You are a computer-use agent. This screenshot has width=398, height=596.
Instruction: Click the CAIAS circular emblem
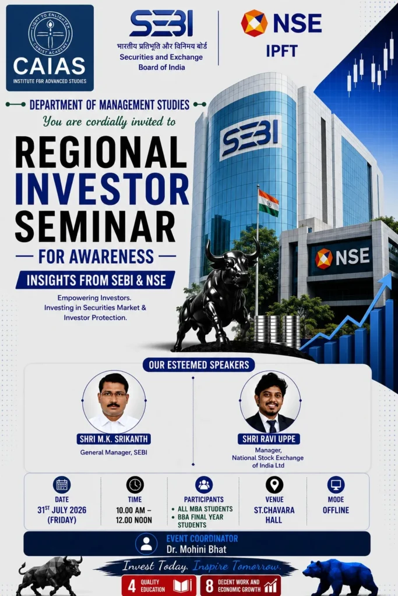(50, 33)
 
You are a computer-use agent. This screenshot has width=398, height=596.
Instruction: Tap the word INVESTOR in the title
(102, 189)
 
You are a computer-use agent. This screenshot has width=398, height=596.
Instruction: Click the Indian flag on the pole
(268, 202)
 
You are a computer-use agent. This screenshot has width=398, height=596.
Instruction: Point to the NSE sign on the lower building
(341, 257)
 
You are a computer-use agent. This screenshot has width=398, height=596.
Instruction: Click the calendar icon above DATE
(62, 485)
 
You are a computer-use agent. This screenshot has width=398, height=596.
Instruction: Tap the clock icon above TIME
(135, 485)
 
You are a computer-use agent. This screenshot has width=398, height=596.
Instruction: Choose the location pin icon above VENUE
(274, 485)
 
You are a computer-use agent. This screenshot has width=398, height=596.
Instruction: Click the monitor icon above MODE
(336, 485)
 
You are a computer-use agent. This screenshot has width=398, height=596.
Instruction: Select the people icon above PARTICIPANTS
(204, 485)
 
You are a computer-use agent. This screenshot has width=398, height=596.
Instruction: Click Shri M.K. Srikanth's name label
(114, 439)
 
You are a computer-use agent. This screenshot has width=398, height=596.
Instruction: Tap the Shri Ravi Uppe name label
(269, 439)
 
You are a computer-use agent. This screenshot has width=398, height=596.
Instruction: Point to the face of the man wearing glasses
(113, 397)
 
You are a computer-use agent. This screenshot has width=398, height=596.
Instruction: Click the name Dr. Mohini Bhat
(196, 549)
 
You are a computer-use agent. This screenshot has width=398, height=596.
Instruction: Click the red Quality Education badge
(159, 586)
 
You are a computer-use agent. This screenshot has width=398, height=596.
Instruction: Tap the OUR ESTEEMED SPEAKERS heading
(199, 365)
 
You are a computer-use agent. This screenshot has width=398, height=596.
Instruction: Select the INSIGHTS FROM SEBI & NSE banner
(96, 280)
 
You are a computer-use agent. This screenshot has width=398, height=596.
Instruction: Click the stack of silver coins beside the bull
(277, 331)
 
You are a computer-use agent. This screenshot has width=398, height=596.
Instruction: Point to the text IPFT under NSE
(281, 51)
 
